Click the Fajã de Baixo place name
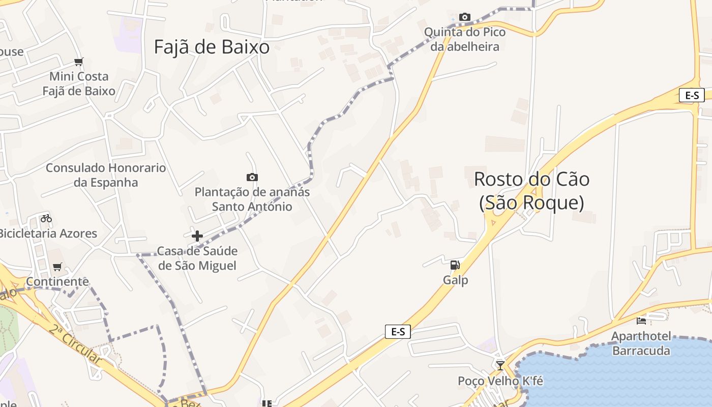[212, 47]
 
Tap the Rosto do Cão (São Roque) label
[531, 191]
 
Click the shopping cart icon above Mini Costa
[78, 62]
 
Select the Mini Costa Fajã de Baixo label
[79, 84]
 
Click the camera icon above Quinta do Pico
[464, 17]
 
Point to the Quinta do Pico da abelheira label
[465, 39]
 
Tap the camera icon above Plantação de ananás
[252, 177]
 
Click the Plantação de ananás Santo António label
[252, 199]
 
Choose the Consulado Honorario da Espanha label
[106, 175]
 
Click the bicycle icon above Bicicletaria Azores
[46, 218]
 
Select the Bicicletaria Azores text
[47, 234]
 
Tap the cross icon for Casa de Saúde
[197, 236]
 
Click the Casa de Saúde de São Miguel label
[197, 258]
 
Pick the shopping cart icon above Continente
[57, 267]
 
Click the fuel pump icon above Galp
[455, 265]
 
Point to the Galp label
[455, 280]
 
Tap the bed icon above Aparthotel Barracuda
[641, 321]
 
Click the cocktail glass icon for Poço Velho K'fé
[500, 365]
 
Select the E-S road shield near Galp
[398, 332]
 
